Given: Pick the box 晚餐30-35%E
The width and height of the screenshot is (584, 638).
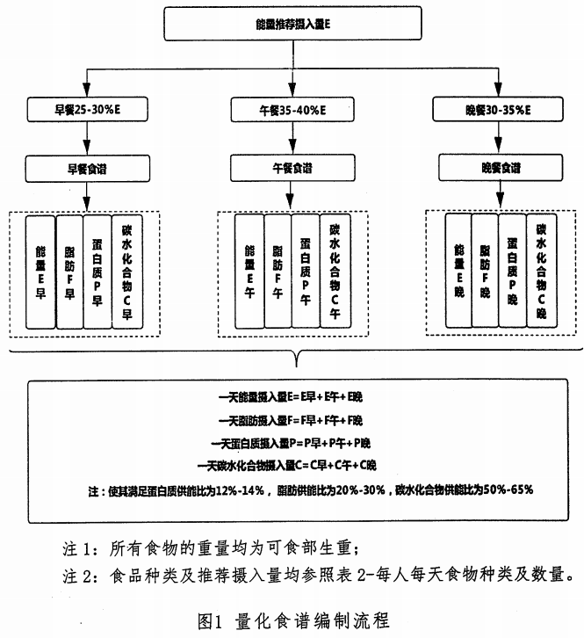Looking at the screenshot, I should tap(499, 111).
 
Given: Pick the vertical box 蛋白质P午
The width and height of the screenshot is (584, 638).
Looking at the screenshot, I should tap(304, 273).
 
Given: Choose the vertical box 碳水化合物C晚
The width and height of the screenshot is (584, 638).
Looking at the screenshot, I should tap(541, 271).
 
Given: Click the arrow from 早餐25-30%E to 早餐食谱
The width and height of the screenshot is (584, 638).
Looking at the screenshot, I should tap(84, 139).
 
